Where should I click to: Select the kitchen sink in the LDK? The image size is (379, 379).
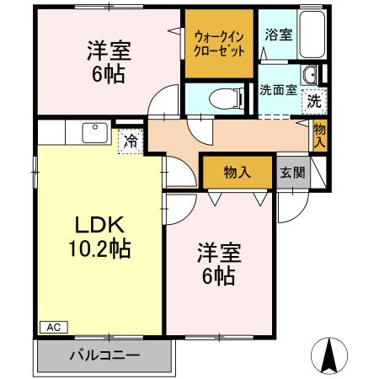coord(92,132)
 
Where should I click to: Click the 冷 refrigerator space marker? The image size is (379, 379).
coord(131,141)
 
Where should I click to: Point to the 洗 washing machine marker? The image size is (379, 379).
coord(312,99)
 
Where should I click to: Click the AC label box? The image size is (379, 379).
coord(51,327)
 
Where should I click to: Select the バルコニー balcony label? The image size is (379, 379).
coord(104,355)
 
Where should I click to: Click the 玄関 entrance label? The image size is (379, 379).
coord(291,173)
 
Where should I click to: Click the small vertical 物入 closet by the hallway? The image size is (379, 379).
coord(320,135)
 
